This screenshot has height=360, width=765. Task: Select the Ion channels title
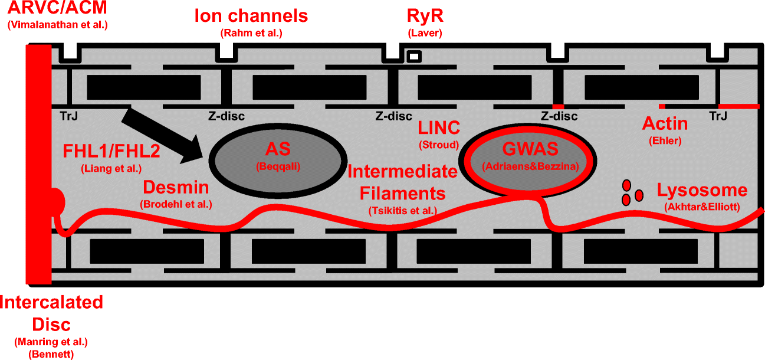[x=251, y=15]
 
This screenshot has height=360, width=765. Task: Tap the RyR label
[x=425, y=15]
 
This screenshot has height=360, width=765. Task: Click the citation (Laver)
[x=425, y=33]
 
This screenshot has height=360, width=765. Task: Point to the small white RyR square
[x=415, y=57]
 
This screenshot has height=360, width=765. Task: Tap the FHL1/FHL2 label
[x=111, y=152]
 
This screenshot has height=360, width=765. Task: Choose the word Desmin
[x=176, y=188]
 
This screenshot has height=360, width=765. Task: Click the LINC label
[x=439, y=127]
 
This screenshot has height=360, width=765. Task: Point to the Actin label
[x=665, y=124]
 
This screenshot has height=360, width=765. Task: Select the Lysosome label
[x=702, y=191]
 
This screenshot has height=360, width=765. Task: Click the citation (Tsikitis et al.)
[x=403, y=211]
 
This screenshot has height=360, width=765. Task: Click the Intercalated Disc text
[x=52, y=313]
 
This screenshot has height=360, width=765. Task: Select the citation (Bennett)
[x=52, y=354]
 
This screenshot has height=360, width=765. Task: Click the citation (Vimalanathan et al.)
[x=57, y=25]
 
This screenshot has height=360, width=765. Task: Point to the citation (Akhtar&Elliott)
[x=702, y=207]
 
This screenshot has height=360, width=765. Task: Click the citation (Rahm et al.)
[x=251, y=33]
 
